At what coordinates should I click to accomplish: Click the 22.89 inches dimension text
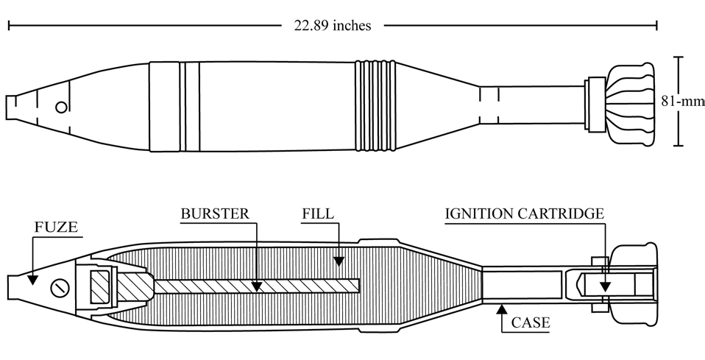333,26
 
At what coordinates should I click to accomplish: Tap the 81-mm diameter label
683,102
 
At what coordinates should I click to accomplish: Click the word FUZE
56,227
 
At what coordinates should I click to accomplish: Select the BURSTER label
215,213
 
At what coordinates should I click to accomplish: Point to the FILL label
318,213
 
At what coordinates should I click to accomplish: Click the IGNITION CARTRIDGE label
525,213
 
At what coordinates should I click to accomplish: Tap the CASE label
531,322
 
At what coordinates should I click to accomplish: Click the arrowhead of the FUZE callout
32,280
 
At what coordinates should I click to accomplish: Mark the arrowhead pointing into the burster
257,286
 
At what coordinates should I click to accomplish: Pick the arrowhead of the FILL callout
339,261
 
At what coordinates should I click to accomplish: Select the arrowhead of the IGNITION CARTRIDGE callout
605,286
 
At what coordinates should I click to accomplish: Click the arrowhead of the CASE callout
502,309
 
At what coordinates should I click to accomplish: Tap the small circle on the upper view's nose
62,107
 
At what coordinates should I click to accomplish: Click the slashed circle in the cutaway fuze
60,288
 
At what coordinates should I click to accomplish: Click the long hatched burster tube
256,286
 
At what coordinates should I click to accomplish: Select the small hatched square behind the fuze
100,286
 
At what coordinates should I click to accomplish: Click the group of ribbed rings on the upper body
375,106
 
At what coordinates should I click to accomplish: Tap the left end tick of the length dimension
9,26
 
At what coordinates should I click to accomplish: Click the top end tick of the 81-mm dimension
679,57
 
